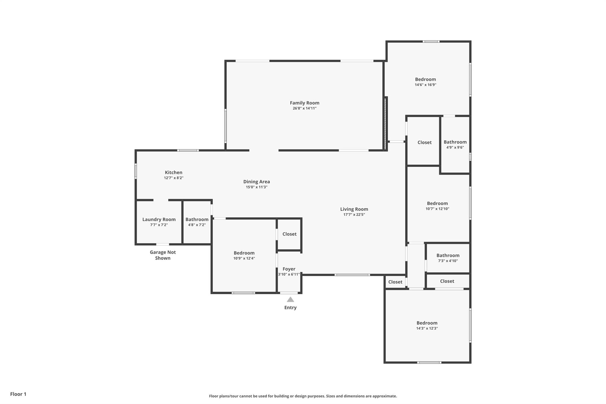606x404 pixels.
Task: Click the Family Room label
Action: (304, 103)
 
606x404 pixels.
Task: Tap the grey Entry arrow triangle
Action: (290, 300)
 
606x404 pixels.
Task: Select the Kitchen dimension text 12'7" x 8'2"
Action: (174, 178)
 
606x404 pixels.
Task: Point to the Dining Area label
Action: (257, 182)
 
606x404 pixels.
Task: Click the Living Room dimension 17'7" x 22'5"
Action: (354, 215)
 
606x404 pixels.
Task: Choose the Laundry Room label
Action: (159, 219)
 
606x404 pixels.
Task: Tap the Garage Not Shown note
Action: (163, 255)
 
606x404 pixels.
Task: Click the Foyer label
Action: (289, 269)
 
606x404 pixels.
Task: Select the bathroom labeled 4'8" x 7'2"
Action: (197, 222)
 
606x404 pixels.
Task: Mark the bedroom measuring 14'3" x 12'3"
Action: (427, 325)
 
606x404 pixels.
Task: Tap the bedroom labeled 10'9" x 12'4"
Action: (244, 255)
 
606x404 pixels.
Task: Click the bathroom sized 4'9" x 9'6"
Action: (455, 144)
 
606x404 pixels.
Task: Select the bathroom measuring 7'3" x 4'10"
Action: (448, 258)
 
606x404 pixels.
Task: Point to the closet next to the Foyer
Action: (289, 234)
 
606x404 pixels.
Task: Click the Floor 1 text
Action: (18, 394)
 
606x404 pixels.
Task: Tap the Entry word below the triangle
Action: (290, 308)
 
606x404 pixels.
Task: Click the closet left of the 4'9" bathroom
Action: (424, 141)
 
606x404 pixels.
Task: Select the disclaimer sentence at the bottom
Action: (303, 396)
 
